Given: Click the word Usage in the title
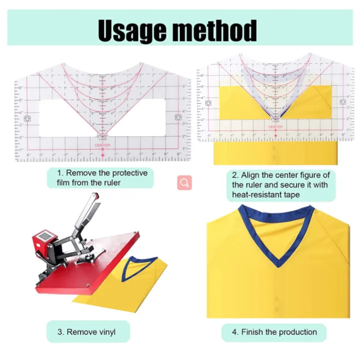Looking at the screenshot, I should point(132,30).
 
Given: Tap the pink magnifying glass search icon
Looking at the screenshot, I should point(184,182).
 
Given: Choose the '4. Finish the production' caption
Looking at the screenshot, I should point(274,332).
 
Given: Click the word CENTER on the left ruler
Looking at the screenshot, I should point(102,145).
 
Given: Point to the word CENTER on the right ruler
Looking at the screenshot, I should point(275,127).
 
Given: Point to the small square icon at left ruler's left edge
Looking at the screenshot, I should point(27,118).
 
